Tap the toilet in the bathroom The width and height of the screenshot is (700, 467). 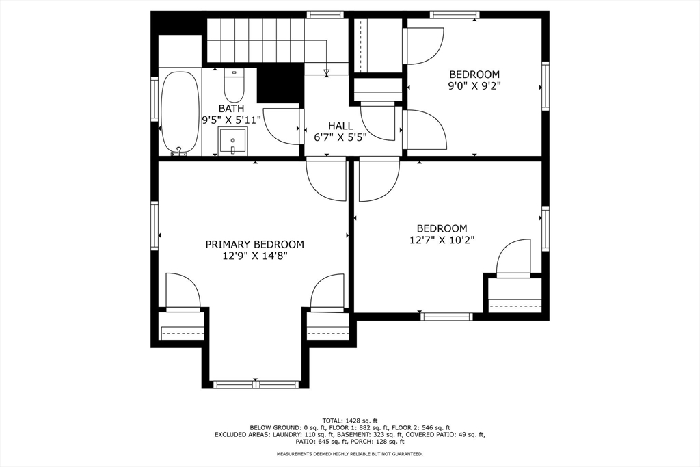point(234,85)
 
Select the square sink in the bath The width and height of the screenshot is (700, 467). point(232,141)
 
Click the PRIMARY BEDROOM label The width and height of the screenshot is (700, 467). point(254,245)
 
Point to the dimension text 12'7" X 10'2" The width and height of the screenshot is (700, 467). point(442,240)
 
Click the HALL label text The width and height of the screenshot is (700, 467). point(340,126)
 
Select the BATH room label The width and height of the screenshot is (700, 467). point(231,109)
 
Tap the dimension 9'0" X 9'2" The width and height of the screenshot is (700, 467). point(474,85)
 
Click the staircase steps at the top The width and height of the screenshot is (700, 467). point(256,40)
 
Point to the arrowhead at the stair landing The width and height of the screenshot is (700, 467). point(327,71)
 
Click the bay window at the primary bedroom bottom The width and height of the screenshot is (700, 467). point(256,384)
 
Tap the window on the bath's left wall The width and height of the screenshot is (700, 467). point(154,99)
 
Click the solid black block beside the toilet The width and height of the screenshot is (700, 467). point(279,83)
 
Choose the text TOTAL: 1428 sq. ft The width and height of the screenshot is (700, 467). point(350,420)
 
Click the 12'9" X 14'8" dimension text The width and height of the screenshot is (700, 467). point(254,256)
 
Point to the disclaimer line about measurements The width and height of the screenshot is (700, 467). point(349,454)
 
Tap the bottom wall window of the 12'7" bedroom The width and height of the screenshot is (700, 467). point(446,317)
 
